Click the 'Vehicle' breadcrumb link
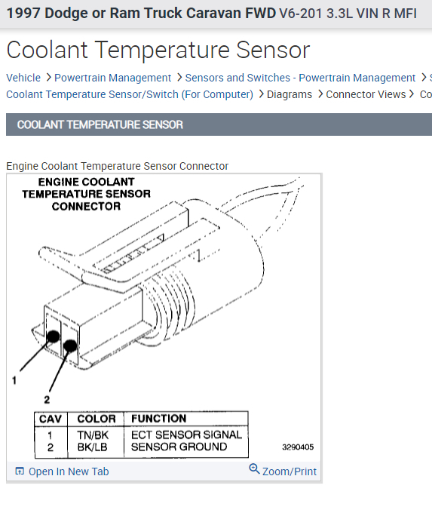pyautogui.click(x=23, y=78)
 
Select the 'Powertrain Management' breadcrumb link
pyautogui.click(x=113, y=78)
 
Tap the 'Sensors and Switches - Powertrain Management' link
pyautogui.click(x=300, y=78)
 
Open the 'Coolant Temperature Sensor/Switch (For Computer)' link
pyautogui.click(x=130, y=94)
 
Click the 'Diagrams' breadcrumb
pyautogui.click(x=290, y=94)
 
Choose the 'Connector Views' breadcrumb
pyautogui.click(x=366, y=94)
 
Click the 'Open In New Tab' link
pyautogui.click(x=68, y=471)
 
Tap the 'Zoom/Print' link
pyautogui.click(x=289, y=471)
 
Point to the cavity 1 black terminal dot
pyautogui.click(x=54, y=336)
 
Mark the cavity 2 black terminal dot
pyautogui.click(x=69, y=346)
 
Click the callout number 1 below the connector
pyautogui.click(x=14, y=382)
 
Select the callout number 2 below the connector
pyautogui.click(x=47, y=399)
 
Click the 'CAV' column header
pyautogui.click(x=51, y=419)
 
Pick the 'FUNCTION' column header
pyautogui.click(x=158, y=419)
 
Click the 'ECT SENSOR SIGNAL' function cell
pyautogui.click(x=186, y=435)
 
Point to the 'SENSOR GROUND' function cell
pyautogui.click(x=179, y=447)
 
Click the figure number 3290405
pyautogui.click(x=298, y=447)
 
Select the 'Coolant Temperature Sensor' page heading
pyautogui.click(x=158, y=50)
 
